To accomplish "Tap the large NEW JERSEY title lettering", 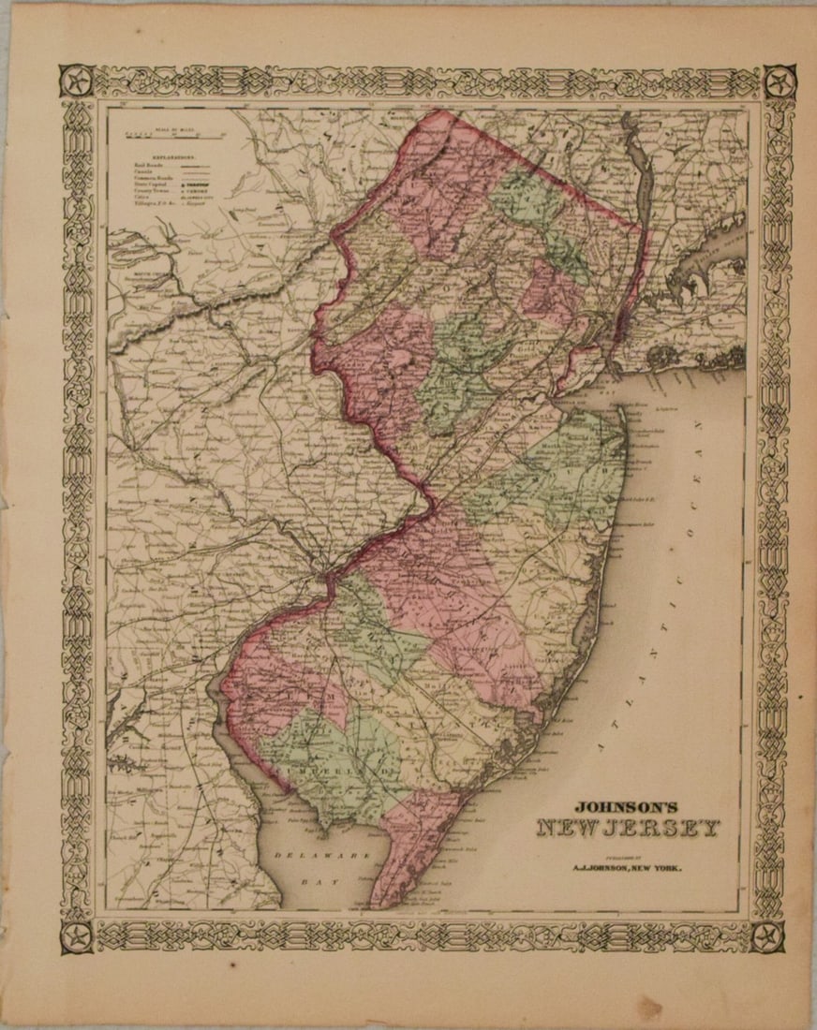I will coord(629,829).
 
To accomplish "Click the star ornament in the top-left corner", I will coord(76,81).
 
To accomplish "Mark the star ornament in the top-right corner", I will coord(780,82).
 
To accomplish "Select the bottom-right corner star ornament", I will coord(768,934).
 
